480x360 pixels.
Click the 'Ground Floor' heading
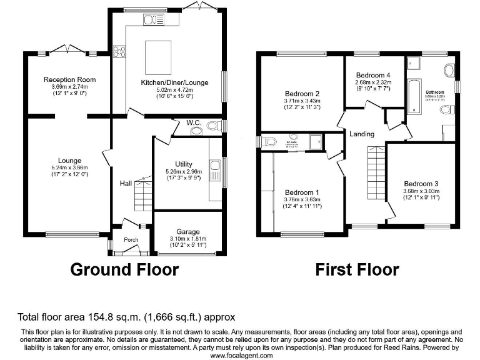pos(124,270)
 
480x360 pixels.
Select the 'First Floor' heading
pos(357,270)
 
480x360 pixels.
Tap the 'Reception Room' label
pos(69,79)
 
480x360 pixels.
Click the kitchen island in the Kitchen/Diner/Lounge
pos(159,56)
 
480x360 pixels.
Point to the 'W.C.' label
pos(193,124)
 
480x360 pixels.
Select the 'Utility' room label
pos(184,164)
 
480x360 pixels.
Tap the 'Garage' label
pos(187,231)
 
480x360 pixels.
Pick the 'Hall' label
pos(126,184)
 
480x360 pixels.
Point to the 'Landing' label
pos(362,134)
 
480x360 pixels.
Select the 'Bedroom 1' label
pos(302,192)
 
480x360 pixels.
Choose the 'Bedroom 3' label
pos(421,183)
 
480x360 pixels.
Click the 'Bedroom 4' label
pos(373,76)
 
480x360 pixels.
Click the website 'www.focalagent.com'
pos(241,355)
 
